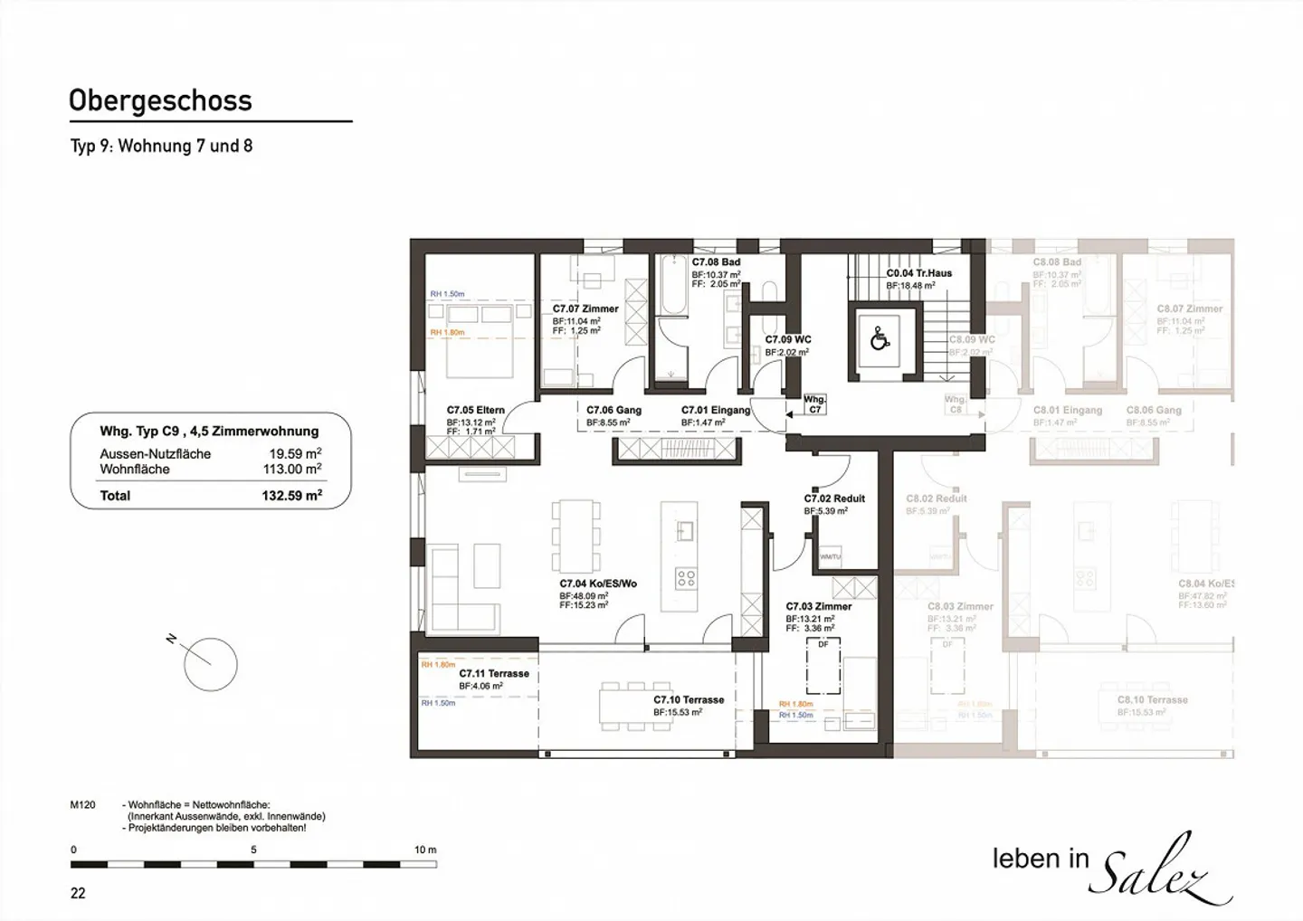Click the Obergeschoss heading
tap(160, 100)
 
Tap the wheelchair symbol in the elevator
tap(879, 339)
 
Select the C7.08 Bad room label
tap(716, 262)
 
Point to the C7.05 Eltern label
tap(475, 410)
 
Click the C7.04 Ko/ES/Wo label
tap(597, 584)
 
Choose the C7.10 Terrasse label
tap(689, 699)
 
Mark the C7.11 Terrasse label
tap(493, 673)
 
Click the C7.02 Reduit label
tap(834, 498)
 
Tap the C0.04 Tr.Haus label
tap(918, 272)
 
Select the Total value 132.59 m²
tap(291, 496)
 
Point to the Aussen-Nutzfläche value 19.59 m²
tap(294, 453)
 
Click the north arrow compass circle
tap(210, 665)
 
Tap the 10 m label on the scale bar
tap(424, 850)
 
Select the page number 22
tap(78, 893)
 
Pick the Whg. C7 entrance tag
tap(814, 404)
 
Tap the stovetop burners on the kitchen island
tap(685, 577)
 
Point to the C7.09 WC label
tap(787, 340)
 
